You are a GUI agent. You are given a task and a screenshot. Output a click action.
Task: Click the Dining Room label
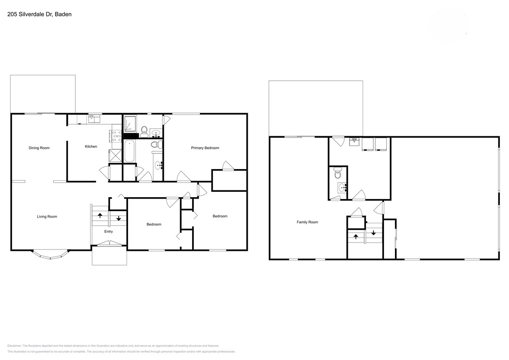pos(39,148)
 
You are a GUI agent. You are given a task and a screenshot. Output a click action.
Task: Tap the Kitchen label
pos(91,146)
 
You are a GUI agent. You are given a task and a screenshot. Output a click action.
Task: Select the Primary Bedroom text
pos(205,148)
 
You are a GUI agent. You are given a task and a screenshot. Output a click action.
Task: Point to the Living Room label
pos(47,216)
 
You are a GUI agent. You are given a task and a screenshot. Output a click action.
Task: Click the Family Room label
pos(307,222)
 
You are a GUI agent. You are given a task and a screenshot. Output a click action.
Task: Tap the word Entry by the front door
pos(109,231)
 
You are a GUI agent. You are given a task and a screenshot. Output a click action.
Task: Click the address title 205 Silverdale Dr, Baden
pos(39,14)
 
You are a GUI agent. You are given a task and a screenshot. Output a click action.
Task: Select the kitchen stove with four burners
pos(116,136)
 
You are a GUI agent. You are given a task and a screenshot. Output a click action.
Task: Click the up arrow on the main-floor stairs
pos(100,216)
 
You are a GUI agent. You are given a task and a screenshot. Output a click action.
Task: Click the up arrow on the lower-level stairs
pos(356,236)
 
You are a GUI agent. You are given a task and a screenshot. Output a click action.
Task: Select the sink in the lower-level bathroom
pos(342,188)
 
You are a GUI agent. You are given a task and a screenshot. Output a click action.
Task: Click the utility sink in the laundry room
pos(354,141)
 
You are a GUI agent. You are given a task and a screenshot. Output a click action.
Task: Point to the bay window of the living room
pos(50,254)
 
